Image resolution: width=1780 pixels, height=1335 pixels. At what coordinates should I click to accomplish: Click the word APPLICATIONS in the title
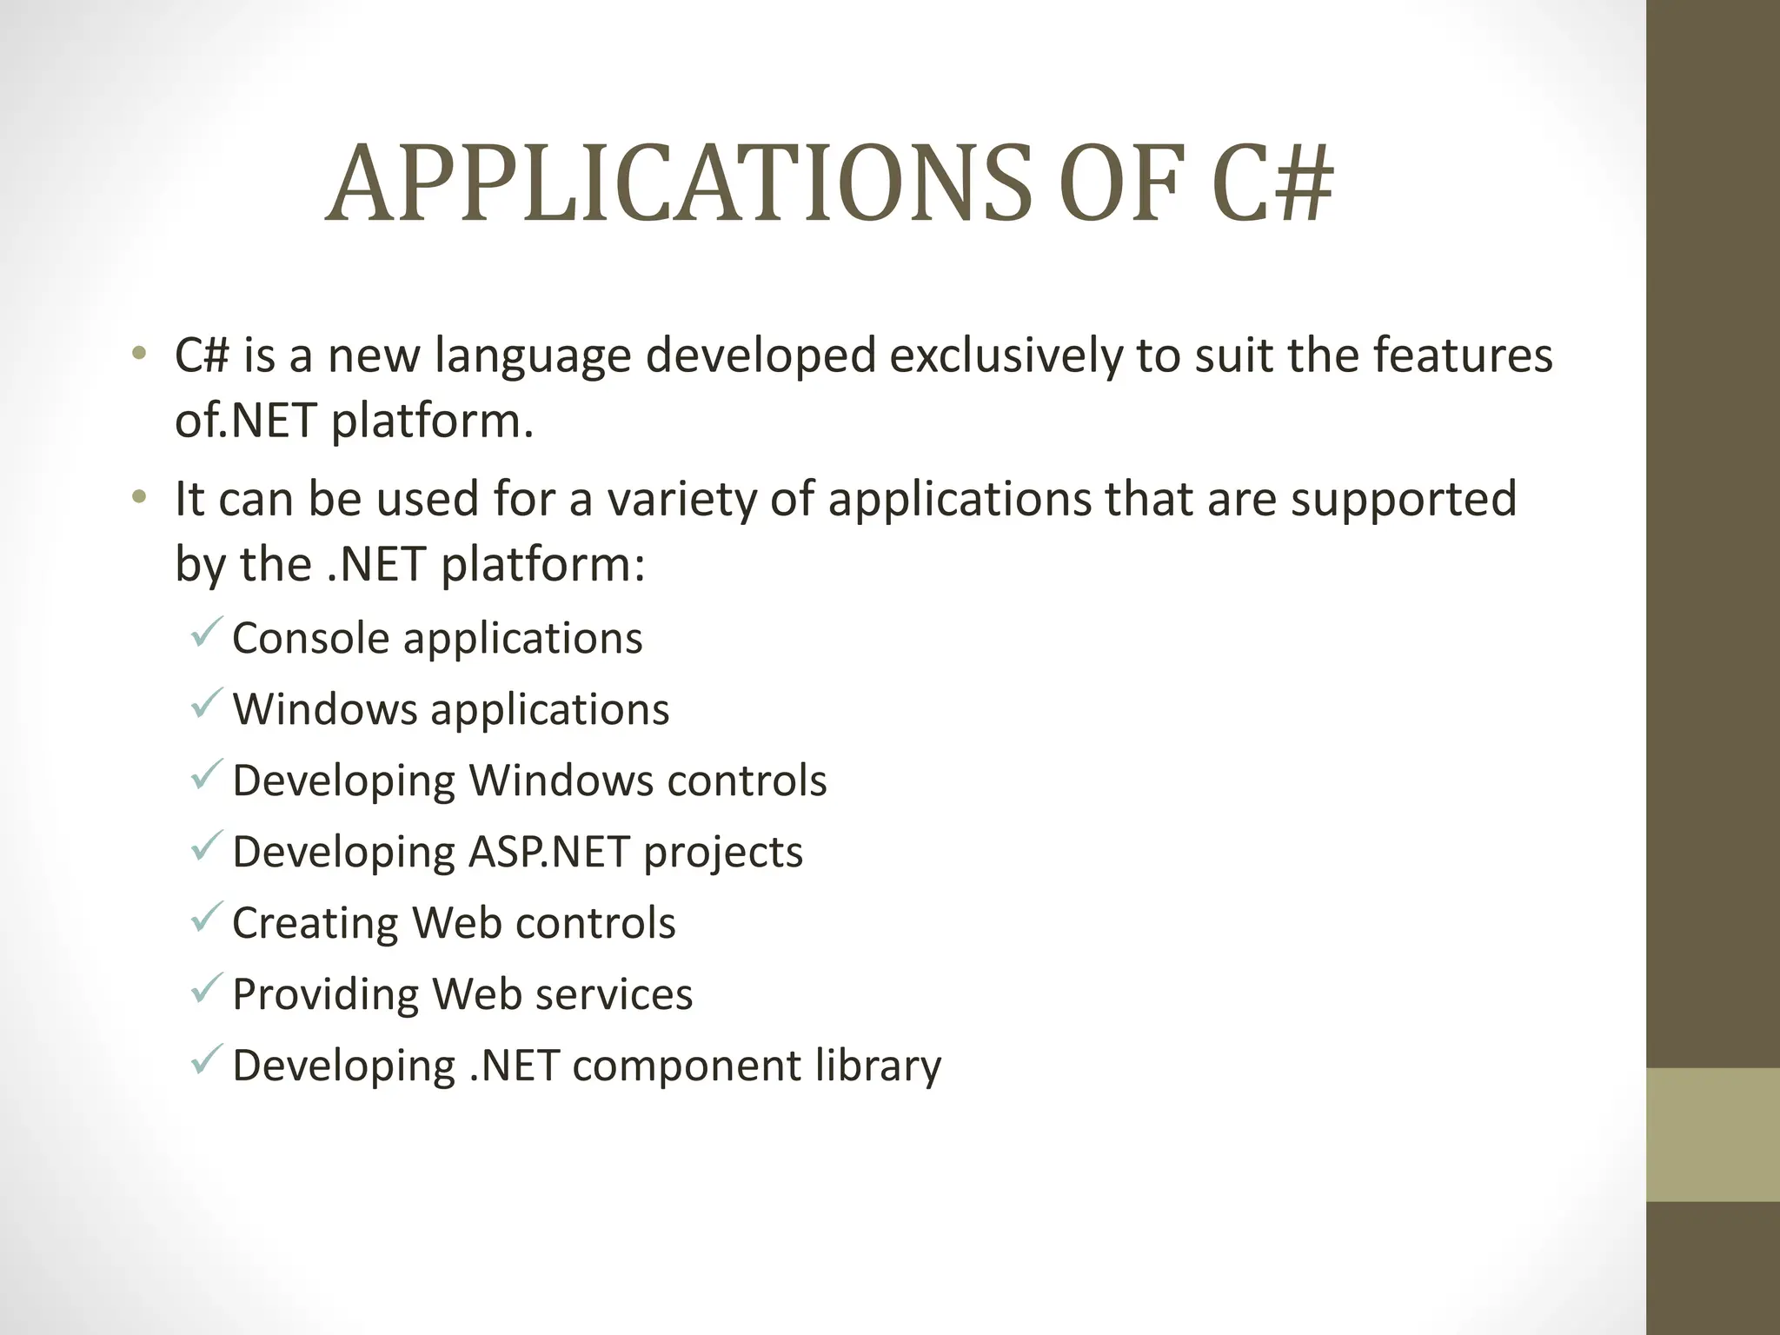[678, 184]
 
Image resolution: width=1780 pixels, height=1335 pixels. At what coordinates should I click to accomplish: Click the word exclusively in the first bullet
[1005, 355]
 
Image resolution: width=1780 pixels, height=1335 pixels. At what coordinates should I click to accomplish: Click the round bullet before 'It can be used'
[139, 498]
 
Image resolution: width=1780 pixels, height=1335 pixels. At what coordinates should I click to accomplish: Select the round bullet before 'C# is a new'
[139, 355]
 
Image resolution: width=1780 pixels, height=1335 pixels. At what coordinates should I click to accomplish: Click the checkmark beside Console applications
[207, 632]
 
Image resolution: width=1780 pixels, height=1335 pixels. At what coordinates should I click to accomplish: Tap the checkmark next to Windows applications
[207, 703]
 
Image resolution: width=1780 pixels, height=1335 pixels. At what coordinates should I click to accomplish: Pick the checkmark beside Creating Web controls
[207, 917]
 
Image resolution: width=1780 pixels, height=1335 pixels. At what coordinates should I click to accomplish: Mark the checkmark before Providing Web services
[207, 988]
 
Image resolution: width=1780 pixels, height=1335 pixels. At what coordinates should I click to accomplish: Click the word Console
[310, 639]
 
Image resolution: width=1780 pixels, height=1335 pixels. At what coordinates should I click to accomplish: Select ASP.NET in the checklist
[548, 852]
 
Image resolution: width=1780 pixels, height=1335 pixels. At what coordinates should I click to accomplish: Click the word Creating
[315, 923]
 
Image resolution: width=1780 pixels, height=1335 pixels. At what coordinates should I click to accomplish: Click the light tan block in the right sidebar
[1713, 1134]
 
